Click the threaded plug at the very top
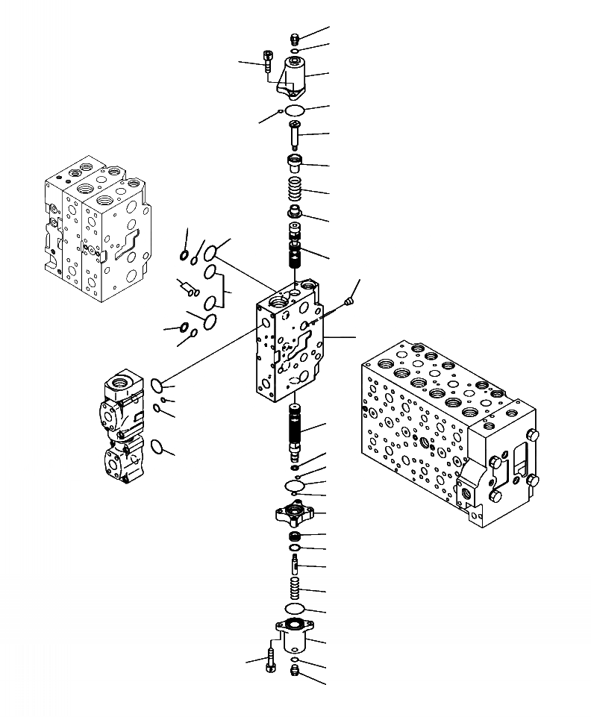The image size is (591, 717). (x=294, y=39)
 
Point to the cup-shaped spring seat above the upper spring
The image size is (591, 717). (x=295, y=162)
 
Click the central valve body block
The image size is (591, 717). (x=291, y=343)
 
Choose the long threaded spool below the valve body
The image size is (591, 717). (x=294, y=431)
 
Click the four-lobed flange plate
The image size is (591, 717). (x=294, y=514)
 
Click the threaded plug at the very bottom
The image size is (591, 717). (x=294, y=674)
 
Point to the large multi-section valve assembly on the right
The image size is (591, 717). (x=448, y=425)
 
